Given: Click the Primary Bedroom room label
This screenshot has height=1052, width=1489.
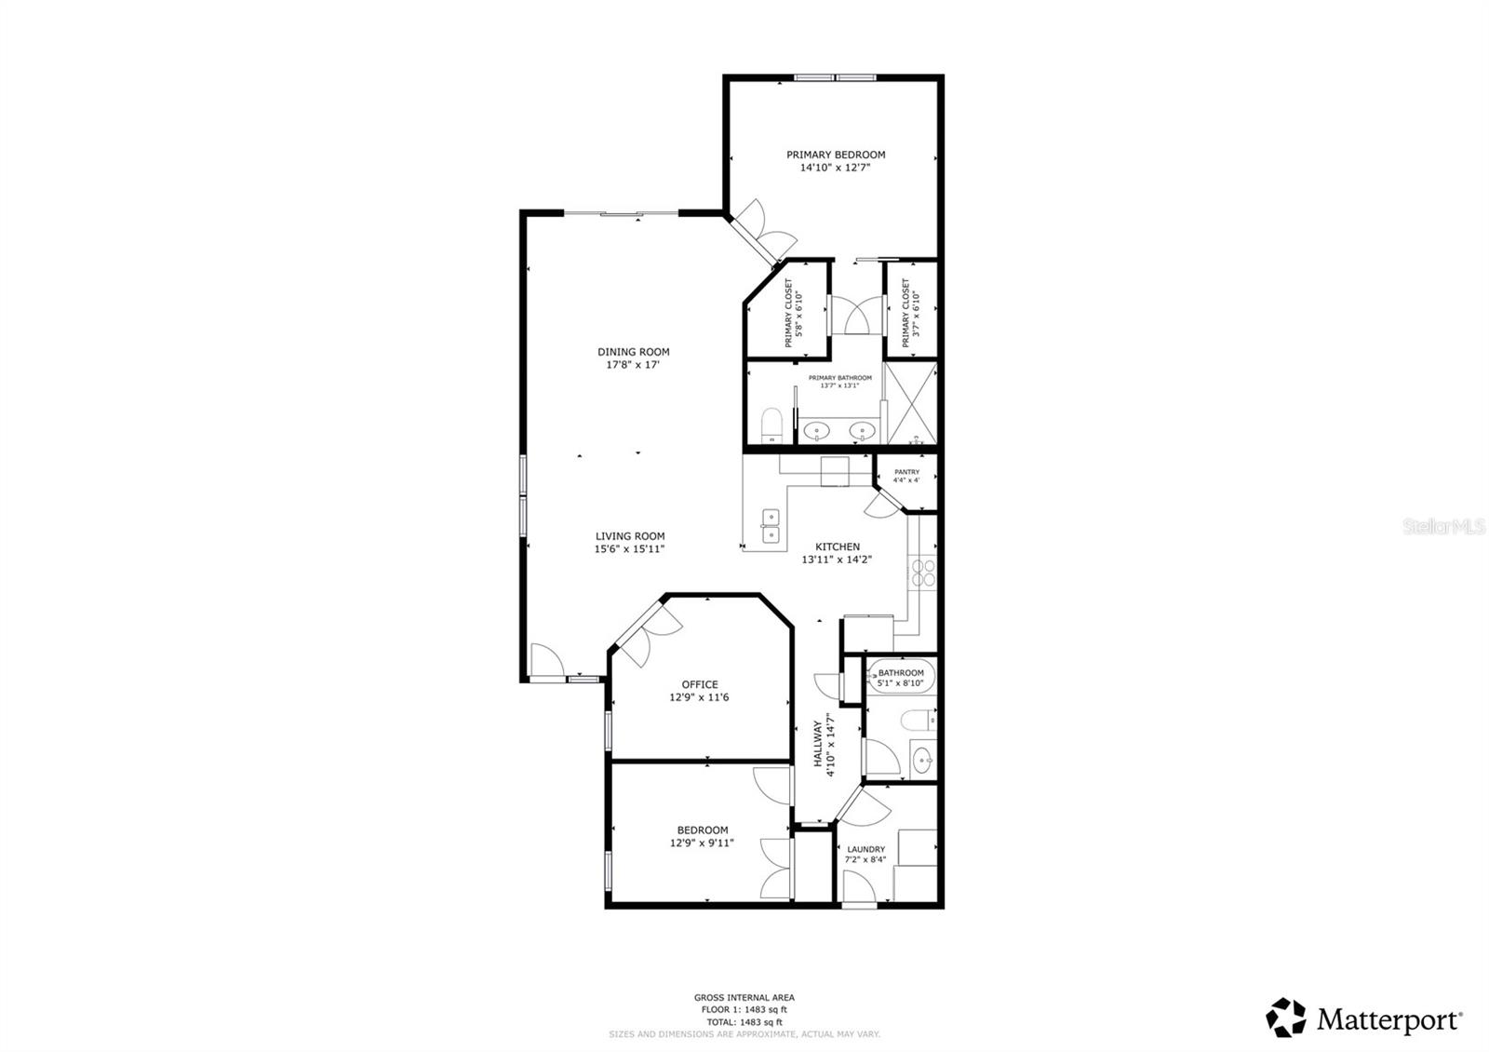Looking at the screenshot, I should click(x=835, y=155).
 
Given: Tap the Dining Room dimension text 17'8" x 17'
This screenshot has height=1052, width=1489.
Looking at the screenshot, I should click(x=633, y=366).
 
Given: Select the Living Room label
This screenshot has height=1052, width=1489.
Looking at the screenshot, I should click(x=630, y=536).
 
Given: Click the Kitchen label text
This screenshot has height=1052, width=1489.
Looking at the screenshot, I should click(x=838, y=547).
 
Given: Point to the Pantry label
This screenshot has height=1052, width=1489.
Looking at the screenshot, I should click(x=905, y=473).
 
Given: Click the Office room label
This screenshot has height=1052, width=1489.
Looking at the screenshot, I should click(x=699, y=685).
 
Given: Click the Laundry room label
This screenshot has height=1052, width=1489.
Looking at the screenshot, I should click(x=865, y=850).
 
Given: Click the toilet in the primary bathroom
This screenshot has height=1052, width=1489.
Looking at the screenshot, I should click(x=771, y=427).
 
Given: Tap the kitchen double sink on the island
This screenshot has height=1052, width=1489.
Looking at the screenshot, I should click(x=771, y=525).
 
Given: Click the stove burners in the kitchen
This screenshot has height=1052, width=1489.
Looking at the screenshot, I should click(x=922, y=573).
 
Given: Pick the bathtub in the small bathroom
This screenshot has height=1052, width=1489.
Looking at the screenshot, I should click(x=901, y=676).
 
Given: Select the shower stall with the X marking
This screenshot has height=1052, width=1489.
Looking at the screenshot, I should click(x=907, y=405).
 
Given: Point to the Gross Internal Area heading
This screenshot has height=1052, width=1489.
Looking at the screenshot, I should click(x=744, y=998).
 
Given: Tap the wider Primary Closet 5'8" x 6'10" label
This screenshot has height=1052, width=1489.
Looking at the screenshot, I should click(x=793, y=313).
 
